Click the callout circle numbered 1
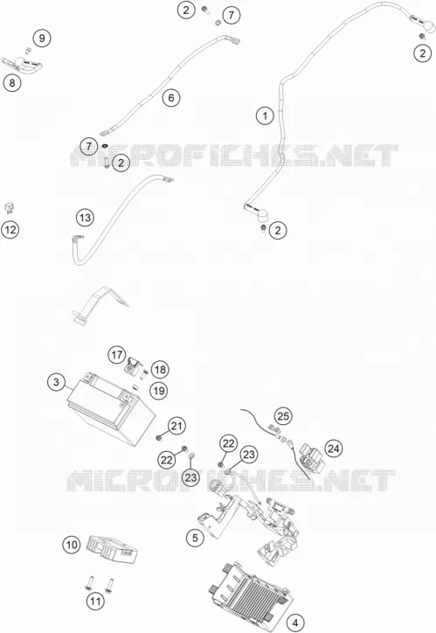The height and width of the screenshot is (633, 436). tap(265, 116)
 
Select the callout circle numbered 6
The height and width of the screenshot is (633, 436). tap(171, 98)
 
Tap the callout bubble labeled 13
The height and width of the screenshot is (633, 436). tap(85, 218)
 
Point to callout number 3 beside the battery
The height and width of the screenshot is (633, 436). tap(56, 382)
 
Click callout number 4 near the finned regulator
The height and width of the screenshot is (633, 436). tap(295, 623)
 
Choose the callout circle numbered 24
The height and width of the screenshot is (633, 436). tap(334, 449)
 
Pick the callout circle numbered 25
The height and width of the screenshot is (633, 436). tap(283, 416)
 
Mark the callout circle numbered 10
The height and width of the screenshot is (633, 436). tap(72, 545)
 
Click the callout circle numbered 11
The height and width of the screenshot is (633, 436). tap(95, 602)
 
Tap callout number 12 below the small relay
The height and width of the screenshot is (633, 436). tap(10, 230)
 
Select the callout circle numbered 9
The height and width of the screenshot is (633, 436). tap(42, 38)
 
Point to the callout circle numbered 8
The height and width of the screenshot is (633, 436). tap(12, 83)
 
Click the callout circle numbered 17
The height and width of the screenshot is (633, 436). tap(117, 355)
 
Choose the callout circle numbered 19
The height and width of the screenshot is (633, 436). tap(159, 391)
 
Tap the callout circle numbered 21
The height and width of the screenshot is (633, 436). tap(176, 426)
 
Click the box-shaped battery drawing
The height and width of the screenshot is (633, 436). tap(111, 407)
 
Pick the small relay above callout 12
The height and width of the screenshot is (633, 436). tap(10, 208)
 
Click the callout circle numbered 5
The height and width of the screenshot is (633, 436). tap(195, 538)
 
